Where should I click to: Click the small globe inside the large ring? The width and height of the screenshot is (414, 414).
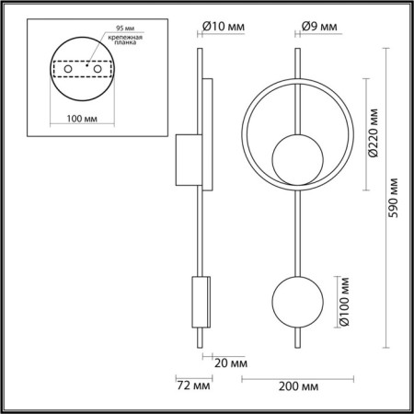[x=293, y=158]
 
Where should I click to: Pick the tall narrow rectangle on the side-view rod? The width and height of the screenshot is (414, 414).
[x=207, y=135]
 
